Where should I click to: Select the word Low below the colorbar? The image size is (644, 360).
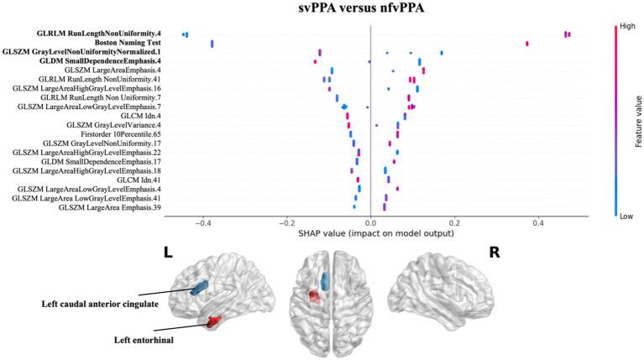(x=626, y=216)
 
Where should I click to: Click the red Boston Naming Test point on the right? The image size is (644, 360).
(x=526, y=43)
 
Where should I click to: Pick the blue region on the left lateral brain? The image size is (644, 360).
(x=199, y=288)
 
